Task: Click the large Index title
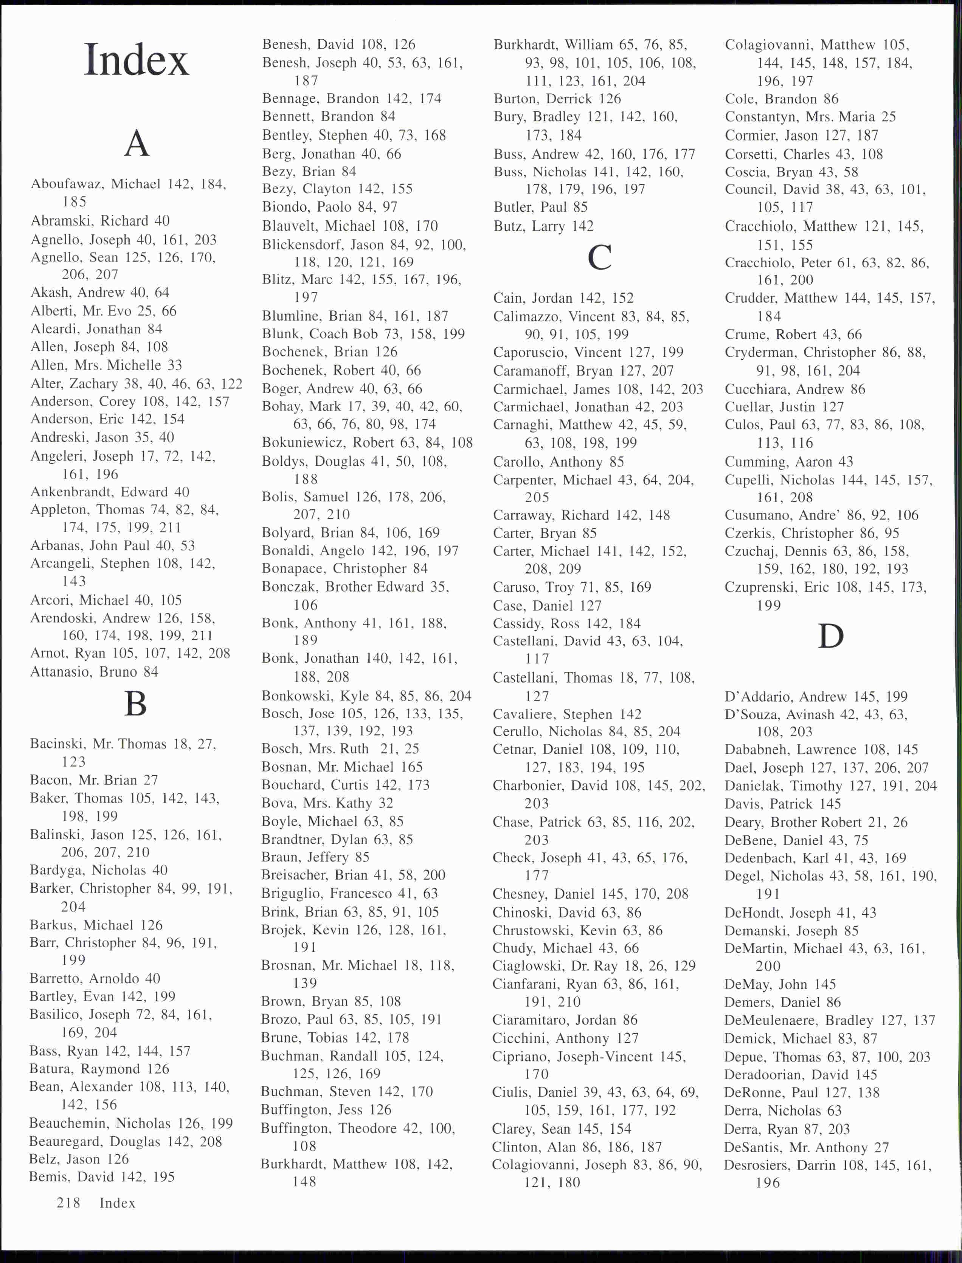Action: click(136, 60)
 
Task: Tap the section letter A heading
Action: click(136, 143)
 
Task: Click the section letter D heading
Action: click(830, 636)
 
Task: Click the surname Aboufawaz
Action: click(67, 184)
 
